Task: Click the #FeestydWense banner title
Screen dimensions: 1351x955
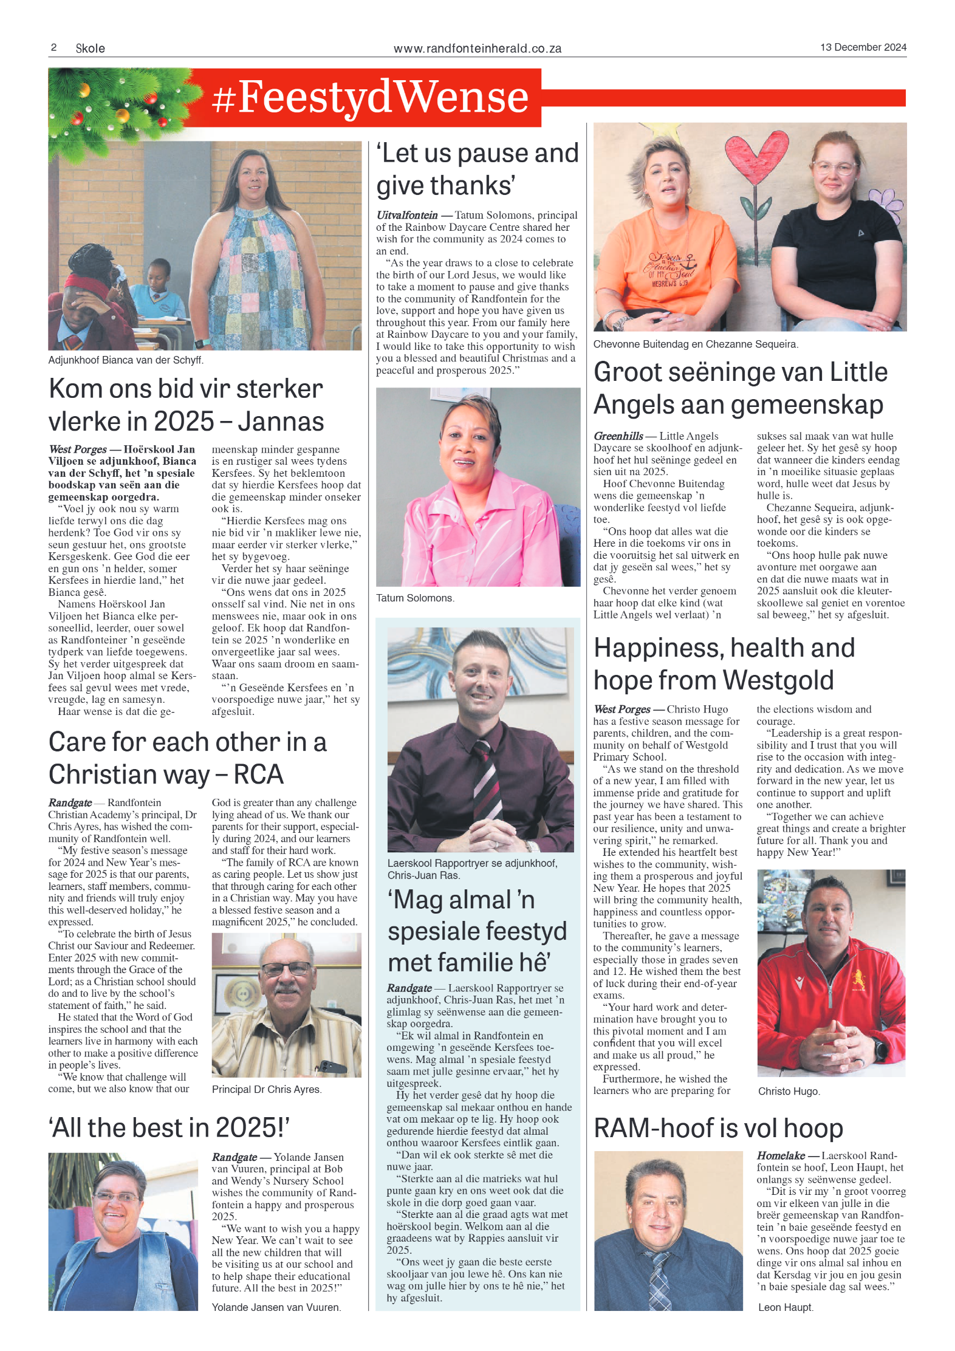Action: coord(370,97)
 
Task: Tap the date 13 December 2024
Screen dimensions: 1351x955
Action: coord(863,47)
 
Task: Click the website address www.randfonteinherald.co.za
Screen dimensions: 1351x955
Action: coord(477,49)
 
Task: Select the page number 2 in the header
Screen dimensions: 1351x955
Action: coord(53,47)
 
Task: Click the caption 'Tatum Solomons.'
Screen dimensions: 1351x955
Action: coord(415,598)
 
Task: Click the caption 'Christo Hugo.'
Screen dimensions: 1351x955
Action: coord(789,1091)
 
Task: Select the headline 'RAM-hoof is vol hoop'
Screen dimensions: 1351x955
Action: coord(718,1128)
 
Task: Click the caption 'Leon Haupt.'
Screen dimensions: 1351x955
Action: coord(785,1307)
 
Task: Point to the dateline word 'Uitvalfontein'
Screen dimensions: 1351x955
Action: coord(406,215)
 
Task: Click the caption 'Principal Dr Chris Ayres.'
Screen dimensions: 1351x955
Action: coord(267,1089)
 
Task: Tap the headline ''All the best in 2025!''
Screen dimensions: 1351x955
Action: coord(169,1127)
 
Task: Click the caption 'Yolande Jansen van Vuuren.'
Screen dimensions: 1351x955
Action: coord(276,1307)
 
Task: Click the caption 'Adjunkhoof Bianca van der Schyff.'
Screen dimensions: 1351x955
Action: coord(126,360)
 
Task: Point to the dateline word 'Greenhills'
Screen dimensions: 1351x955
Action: coord(618,436)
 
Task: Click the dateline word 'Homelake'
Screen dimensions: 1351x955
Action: coord(781,1155)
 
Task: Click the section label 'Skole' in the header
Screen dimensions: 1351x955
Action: coord(90,49)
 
